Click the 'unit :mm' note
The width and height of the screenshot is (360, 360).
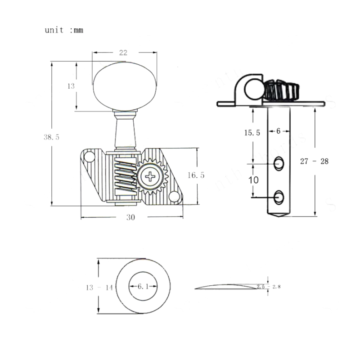coord(64,31)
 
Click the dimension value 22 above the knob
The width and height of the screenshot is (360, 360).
coord(122,53)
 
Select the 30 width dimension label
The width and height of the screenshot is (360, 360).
coord(130,217)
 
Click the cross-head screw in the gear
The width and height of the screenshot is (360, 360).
coord(148,176)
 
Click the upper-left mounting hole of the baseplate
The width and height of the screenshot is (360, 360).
coord(90,157)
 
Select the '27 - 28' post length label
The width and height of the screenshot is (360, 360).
coord(314,161)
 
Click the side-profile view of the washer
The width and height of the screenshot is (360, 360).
coord(229,286)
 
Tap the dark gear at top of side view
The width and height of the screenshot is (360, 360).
coord(281,90)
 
